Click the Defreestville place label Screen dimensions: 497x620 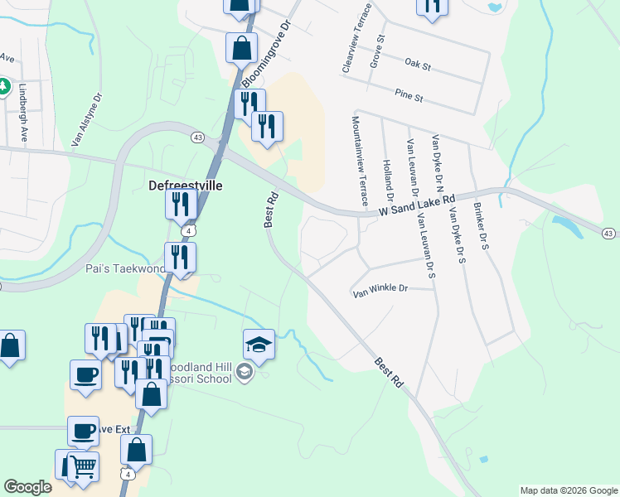click(x=185, y=186)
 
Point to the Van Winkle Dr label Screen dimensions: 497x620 click(x=380, y=290)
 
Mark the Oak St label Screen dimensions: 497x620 click(x=419, y=64)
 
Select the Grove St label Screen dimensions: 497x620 click(x=377, y=50)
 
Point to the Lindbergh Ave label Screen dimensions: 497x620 click(x=24, y=113)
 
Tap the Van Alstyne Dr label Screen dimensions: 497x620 click(x=86, y=118)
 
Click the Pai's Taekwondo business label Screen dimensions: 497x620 click(x=124, y=268)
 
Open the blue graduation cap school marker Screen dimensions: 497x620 click(x=259, y=344)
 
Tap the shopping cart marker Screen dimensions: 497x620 click(x=82, y=466)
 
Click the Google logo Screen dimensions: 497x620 click(x=27, y=488)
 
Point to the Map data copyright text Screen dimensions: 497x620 click(x=568, y=490)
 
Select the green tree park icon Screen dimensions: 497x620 click(x=3, y=85)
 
